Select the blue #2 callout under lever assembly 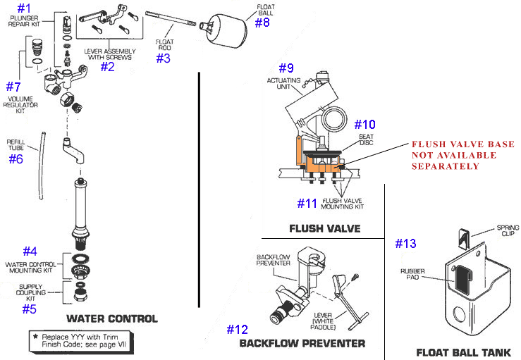click(107, 67)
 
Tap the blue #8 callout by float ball click(262, 23)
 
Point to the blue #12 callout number click(238, 329)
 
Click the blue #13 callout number click(406, 244)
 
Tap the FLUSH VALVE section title click(324, 228)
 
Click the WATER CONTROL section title click(111, 318)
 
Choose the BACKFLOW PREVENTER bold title click(302, 343)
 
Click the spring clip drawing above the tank click(463, 239)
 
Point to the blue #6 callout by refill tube click(16, 159)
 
